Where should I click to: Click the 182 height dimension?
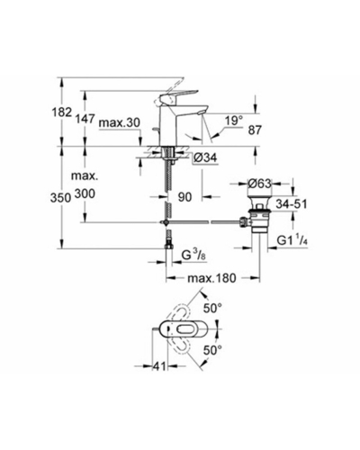pyautogui.click(x=62, y=112)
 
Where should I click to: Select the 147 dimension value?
pyautogui.click(x=85, y=119)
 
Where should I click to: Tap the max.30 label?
pyautogui.click(x=120, y=122)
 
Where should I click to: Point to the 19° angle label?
pyautogui.click(x=234, y=121)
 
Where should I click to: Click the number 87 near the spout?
pyautogui.click(x=255, y=130)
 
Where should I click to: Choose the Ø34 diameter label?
pyautogui.click(x=205, y=157)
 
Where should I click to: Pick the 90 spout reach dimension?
pyautogui.click(x=184, y=197)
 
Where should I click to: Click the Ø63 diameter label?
pyautogui.click(x=259, y=184)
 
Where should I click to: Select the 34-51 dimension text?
pyautogui.click(x=292, y=204)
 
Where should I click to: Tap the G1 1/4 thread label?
pyautogui.click(x=292, y=240)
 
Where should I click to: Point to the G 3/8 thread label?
pyautogui.click(x=193, y=256)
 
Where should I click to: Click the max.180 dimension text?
pyautogui.click(x=211, y=278)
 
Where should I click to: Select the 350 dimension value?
pyautogui.click(x=60, y=198)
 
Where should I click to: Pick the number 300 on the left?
pyautogui.click(x=85, y=193)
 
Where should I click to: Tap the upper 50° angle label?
pyautogui.click(x=212, y=308)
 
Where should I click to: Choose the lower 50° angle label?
pyautogui.click(x=212, y=350)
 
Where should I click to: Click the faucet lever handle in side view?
pyautogui.click(x=177, y=95)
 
